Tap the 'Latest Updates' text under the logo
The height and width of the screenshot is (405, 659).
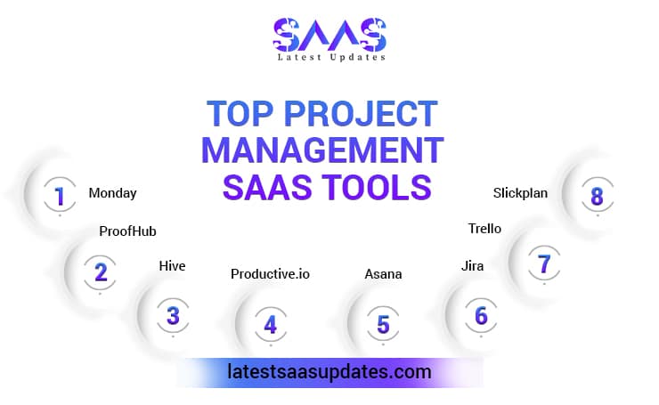(x=329, y=58)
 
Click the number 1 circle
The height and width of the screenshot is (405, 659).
(x=60, y=196)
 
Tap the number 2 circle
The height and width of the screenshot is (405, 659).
(x=101, y=271)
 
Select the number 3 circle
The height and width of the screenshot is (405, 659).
(x=173, y=315)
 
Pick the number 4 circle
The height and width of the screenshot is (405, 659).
(x=270, y=325)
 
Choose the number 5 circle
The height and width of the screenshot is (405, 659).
(x=383, y=325)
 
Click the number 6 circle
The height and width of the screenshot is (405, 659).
(x=481, y=315)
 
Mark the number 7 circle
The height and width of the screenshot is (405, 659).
(x=544, y=263)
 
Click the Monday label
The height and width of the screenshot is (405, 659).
(x=112, y=192)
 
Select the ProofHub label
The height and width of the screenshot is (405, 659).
(x=127, y=231)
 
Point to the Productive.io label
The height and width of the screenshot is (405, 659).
(x=270, y=273)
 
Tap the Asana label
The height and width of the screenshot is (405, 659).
(x=383, y=273)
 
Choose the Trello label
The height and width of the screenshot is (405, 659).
(x=484, y=229)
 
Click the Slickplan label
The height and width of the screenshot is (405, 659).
(x=520, y=191)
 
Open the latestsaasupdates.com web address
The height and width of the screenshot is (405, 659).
(x=329, y=371)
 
